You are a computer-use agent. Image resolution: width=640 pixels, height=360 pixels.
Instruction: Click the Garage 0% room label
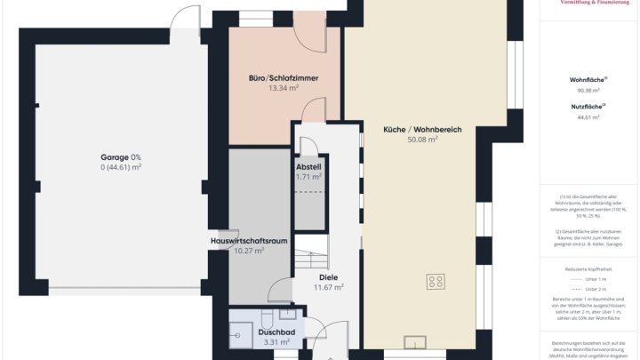[x=120, y=156]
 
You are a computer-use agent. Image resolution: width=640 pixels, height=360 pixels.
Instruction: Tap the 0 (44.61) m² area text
[x=120, y=167]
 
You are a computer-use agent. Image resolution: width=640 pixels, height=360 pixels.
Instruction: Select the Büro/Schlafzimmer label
[x=283, y=78]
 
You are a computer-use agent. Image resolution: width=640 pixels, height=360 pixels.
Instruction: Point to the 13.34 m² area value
[x=283, y=88]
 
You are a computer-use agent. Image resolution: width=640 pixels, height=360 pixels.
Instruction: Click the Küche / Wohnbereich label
[x=422, y=130]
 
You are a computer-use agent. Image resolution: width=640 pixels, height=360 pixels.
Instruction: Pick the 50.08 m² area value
[x=422, y=140]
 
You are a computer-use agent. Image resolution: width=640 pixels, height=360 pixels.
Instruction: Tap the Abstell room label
[x=308, y=166]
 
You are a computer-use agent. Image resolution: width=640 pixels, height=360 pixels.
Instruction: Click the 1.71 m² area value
[x=308, y=176]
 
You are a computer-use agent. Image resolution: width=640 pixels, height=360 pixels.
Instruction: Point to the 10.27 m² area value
[x=249, y=251]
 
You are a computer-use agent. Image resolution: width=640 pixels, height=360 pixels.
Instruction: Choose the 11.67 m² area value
[x=328, y=287]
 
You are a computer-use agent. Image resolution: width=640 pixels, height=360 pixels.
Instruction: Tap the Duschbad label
[x=276, y=332]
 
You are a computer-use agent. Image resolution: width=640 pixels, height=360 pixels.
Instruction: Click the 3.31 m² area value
[x=276, y=342]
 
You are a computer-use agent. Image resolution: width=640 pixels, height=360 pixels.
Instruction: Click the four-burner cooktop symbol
[x=436, y=283]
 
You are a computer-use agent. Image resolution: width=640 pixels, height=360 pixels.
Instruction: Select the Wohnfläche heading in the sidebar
[x=588, y=80]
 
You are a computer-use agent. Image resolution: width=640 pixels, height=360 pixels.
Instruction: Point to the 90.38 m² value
[x=588, y=91]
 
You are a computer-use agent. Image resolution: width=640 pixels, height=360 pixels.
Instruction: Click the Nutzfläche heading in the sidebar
[x=588, y=107]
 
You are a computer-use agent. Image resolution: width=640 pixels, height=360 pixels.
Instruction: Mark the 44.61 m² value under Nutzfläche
[x=588, y=117]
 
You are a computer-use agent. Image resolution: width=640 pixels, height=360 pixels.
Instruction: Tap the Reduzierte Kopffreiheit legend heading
[x=588, y=268]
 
